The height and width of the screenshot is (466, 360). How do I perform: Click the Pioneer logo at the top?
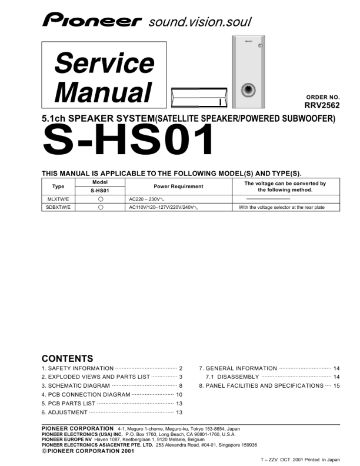(x=92, y=22)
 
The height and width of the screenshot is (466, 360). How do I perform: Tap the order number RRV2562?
(x=322, y=106)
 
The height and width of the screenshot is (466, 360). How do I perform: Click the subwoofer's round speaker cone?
(x=248, y=91)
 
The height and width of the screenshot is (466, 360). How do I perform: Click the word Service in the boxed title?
(x=104, y=62)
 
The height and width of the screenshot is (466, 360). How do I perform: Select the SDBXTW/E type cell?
(x=58, y=208)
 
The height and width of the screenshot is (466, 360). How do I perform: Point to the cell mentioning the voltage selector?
(x=281, y=208)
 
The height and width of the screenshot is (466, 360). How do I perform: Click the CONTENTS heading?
(x=67, y=358)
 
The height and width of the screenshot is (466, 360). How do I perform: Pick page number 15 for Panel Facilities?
(x=336, y=385)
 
